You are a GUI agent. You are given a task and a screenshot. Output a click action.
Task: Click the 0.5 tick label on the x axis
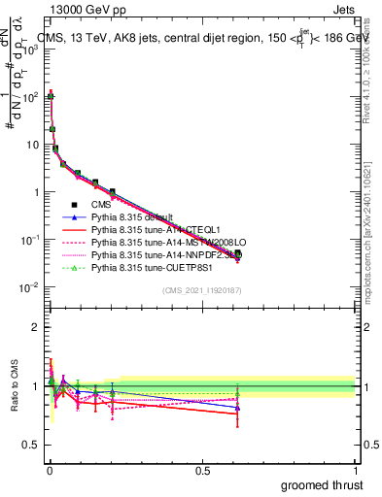coord(202,470)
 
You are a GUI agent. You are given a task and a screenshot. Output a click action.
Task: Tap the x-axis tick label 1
coord(356,470)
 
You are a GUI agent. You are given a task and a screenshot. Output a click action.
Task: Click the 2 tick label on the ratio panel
coord(36,327)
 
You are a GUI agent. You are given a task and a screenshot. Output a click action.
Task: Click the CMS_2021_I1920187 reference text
coord(202,290)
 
